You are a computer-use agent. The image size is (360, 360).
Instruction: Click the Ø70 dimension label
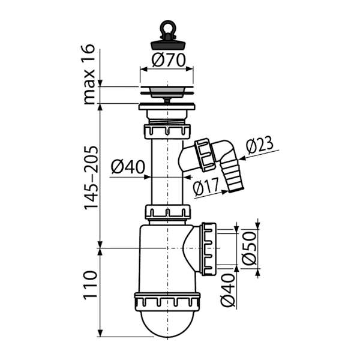coord(168,60)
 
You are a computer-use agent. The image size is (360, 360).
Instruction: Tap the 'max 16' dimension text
coord(89,74)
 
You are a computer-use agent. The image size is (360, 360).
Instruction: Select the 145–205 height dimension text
coord(91,178)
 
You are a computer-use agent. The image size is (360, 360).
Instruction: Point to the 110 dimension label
coord(90,284)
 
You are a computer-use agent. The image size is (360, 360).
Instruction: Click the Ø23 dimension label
coord(260,145)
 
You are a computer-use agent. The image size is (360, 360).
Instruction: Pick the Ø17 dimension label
coord(206,187)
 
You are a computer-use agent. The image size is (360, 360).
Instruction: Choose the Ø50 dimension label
coord(249,248)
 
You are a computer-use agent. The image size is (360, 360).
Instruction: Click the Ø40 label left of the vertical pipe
coord(128,167)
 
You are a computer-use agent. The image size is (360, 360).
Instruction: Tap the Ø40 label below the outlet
coord(228,290)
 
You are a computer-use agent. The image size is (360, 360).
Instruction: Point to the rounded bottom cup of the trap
coord(167,324)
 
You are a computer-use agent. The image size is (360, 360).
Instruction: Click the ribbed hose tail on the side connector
coord(232,177)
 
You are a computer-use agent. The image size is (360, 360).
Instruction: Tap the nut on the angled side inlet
coord(205,155)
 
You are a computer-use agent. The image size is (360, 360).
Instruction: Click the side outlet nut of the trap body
coord(208,248)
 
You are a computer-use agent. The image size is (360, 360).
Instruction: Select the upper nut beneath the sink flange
coord(167,131)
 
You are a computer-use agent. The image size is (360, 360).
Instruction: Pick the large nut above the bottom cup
coord(167,302)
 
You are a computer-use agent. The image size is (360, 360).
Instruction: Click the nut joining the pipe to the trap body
coord(167,212)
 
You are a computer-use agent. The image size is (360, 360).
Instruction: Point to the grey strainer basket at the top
coord(167,92)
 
